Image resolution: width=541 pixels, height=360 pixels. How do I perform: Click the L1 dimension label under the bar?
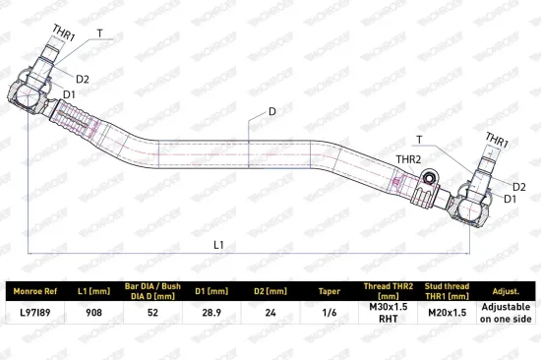click(x=218, y=245)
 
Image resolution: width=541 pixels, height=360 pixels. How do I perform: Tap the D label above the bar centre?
click(x=272, y=111)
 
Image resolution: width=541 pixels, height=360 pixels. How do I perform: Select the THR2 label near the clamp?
click(x=408, y=159)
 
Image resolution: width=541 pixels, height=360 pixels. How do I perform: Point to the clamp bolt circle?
click(x=429, y=178)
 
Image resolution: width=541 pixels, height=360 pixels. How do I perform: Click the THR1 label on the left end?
click(x=64, y=32)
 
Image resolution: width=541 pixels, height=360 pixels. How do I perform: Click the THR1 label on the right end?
click(x=497, y=140)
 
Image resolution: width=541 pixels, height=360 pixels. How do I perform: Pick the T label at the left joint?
click(x=99, y=33)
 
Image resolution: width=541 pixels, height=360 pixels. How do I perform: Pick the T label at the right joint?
click(x=419, y=140)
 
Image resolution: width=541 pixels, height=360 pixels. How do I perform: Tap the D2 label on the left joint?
click(x=83, y=79)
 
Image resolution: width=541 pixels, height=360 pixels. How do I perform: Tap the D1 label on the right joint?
click(x=511, y=199)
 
